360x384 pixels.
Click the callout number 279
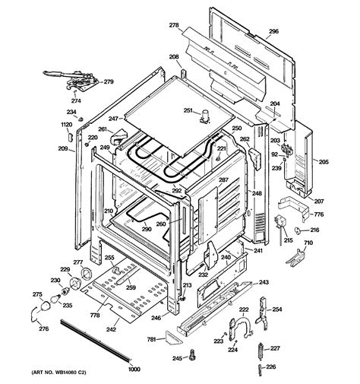point(109,82)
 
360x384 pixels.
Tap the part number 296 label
point(274,33)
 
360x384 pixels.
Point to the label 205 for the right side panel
point(322,161)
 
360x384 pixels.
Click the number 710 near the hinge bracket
point(308,243)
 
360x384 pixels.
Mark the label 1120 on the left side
point(66,123)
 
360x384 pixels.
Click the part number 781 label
point(152,339)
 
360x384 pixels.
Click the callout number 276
point(44,328)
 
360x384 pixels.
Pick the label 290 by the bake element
point(147,229)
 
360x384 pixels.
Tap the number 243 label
point(264,282)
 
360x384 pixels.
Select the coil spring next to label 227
point(260,351)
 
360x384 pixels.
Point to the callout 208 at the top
point(174,57)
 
